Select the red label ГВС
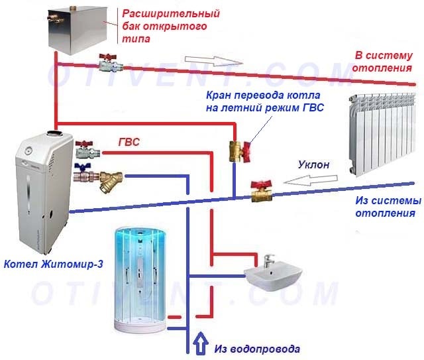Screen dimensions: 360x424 pyautogui.click(x=129, y=142)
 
